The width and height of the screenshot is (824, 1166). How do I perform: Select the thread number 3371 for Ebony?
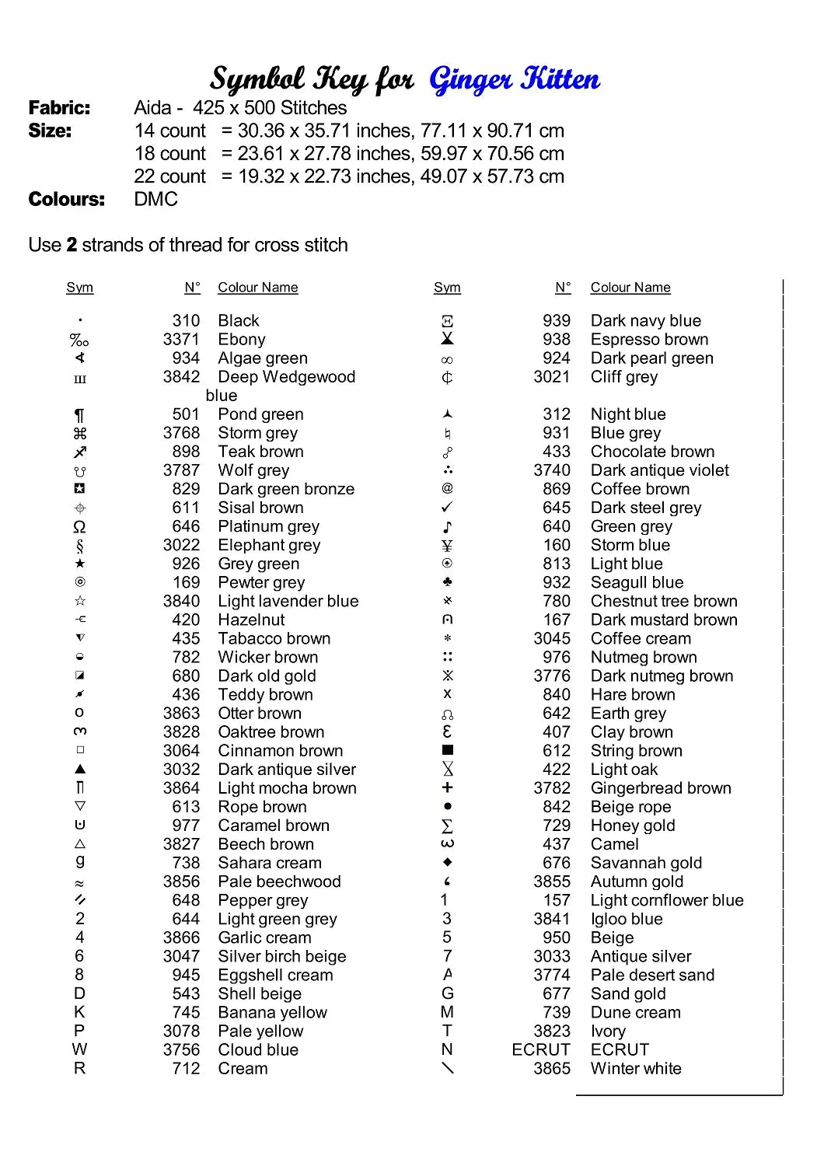coord(181,340)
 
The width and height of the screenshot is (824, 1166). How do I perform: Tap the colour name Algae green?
coord(263,358)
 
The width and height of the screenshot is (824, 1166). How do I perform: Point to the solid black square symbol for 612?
coord(448,750)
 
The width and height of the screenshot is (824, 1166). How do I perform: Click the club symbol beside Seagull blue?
coord(448,581)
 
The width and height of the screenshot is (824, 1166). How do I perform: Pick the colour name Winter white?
coord(636,1069)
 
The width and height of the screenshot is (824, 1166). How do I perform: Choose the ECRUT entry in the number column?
coord(541,1050)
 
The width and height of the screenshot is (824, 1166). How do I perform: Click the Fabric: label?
coord(59,108)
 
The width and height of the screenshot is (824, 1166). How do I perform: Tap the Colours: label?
coord(66,200)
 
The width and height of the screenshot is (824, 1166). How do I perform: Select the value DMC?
coord(155,200)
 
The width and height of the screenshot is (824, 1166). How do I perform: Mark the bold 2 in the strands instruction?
coord(72,246)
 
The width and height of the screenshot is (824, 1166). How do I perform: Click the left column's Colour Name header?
coord(257,288)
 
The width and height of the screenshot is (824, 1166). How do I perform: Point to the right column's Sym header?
coord(447,288)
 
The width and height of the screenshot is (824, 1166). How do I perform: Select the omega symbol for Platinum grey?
coord(79,527)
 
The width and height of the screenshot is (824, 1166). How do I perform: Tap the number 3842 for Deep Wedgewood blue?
coord(181,377)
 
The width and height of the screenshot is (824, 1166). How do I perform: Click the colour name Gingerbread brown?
coord(661,788)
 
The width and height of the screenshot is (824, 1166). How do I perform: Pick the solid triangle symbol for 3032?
coord(80,769)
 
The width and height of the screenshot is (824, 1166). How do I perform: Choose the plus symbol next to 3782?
coord(448,787)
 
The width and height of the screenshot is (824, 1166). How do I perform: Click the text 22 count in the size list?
coord(169,176)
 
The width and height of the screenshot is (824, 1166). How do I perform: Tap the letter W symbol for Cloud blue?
coord(79,1049)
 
